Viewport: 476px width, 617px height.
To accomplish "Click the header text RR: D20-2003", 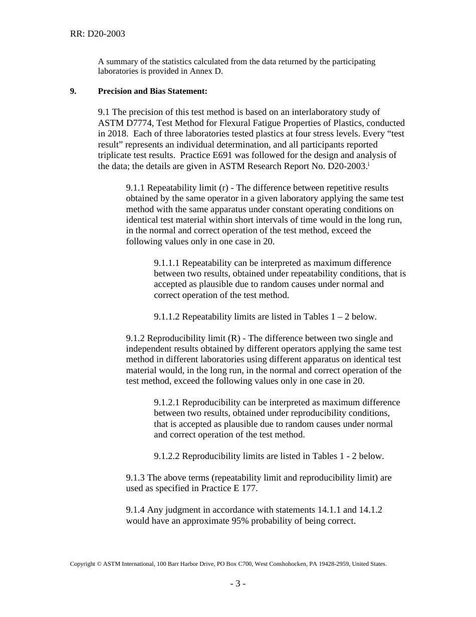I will [97, 34].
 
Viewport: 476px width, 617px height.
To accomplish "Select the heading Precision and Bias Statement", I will [152, 91].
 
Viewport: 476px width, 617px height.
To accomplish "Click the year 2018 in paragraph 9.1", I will [116, 134].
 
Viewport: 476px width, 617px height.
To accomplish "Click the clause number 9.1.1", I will [136, 188].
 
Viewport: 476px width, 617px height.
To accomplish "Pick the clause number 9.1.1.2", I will [167, 317].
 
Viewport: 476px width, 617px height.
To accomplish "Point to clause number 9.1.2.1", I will [167, 402].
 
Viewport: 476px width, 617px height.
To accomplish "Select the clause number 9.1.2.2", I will [167, 456].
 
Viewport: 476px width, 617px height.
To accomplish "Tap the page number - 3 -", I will [238, 583].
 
